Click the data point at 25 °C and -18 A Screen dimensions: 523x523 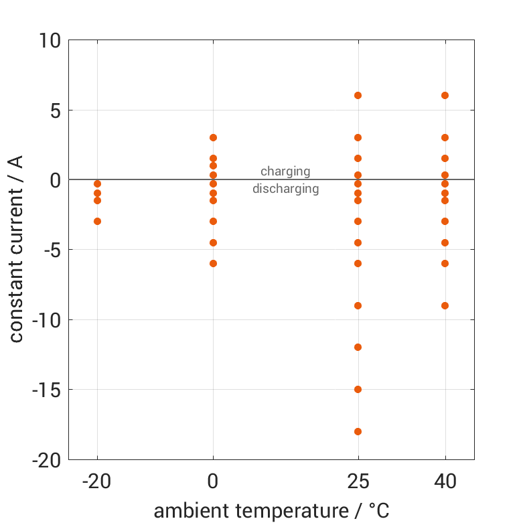coord(358,431)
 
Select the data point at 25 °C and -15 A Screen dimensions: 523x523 coord(358,389)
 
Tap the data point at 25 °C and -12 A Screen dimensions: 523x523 coord(358,347)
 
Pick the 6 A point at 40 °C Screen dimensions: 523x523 coord(445,95)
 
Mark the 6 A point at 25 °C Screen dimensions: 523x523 coord(358,95)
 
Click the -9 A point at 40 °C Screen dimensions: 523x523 coord(445,305)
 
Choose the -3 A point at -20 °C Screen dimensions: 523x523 coord(97,221)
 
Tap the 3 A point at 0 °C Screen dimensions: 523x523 coord(213,137)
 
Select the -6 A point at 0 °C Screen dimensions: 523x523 coord(213,263)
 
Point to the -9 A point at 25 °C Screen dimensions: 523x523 coord(358,305)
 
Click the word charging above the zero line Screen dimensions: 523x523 coord(285,171)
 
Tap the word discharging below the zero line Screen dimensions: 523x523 coord(285,189)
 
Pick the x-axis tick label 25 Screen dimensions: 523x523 coord(358,481)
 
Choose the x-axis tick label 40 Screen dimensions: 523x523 coord(445,481)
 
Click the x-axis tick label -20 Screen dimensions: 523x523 coord(97,481)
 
